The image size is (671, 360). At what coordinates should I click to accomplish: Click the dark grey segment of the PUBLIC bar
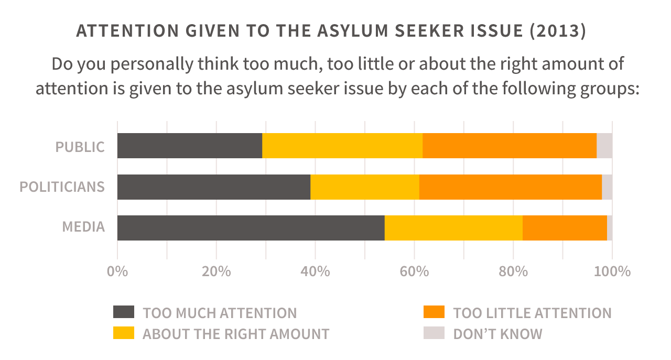[189, 146]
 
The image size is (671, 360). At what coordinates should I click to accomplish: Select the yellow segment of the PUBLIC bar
[342, 146]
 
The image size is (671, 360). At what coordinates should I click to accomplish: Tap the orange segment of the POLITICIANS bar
[510, 187]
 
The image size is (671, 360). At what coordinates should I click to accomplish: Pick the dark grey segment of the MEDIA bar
[251, 228]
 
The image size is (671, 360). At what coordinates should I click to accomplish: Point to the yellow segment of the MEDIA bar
[453, 228]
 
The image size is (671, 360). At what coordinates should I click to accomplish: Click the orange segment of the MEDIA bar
[565, 228]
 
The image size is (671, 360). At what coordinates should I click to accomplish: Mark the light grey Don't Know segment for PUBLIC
[604, 146]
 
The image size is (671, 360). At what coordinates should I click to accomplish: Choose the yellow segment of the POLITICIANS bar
[365, 187]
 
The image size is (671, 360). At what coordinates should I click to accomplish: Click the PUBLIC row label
[80, 147]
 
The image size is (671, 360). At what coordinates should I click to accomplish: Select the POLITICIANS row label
[62, 187]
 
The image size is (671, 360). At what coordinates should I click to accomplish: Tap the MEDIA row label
[83, 227]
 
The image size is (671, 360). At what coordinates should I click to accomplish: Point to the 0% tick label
[117, 272]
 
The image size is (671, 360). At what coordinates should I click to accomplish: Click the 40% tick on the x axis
[315, 272]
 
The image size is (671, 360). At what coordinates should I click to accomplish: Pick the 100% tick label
[612, 272]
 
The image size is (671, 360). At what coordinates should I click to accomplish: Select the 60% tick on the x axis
[414, 272]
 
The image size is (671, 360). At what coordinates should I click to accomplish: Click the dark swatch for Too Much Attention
[124, 312]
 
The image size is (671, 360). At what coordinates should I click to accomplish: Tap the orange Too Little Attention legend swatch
[434, 312]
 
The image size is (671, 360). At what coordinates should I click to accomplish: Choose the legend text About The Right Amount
[236, 334]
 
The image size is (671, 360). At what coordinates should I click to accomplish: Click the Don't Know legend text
[497, 334]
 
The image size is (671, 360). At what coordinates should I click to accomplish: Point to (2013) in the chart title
[558, 30]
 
